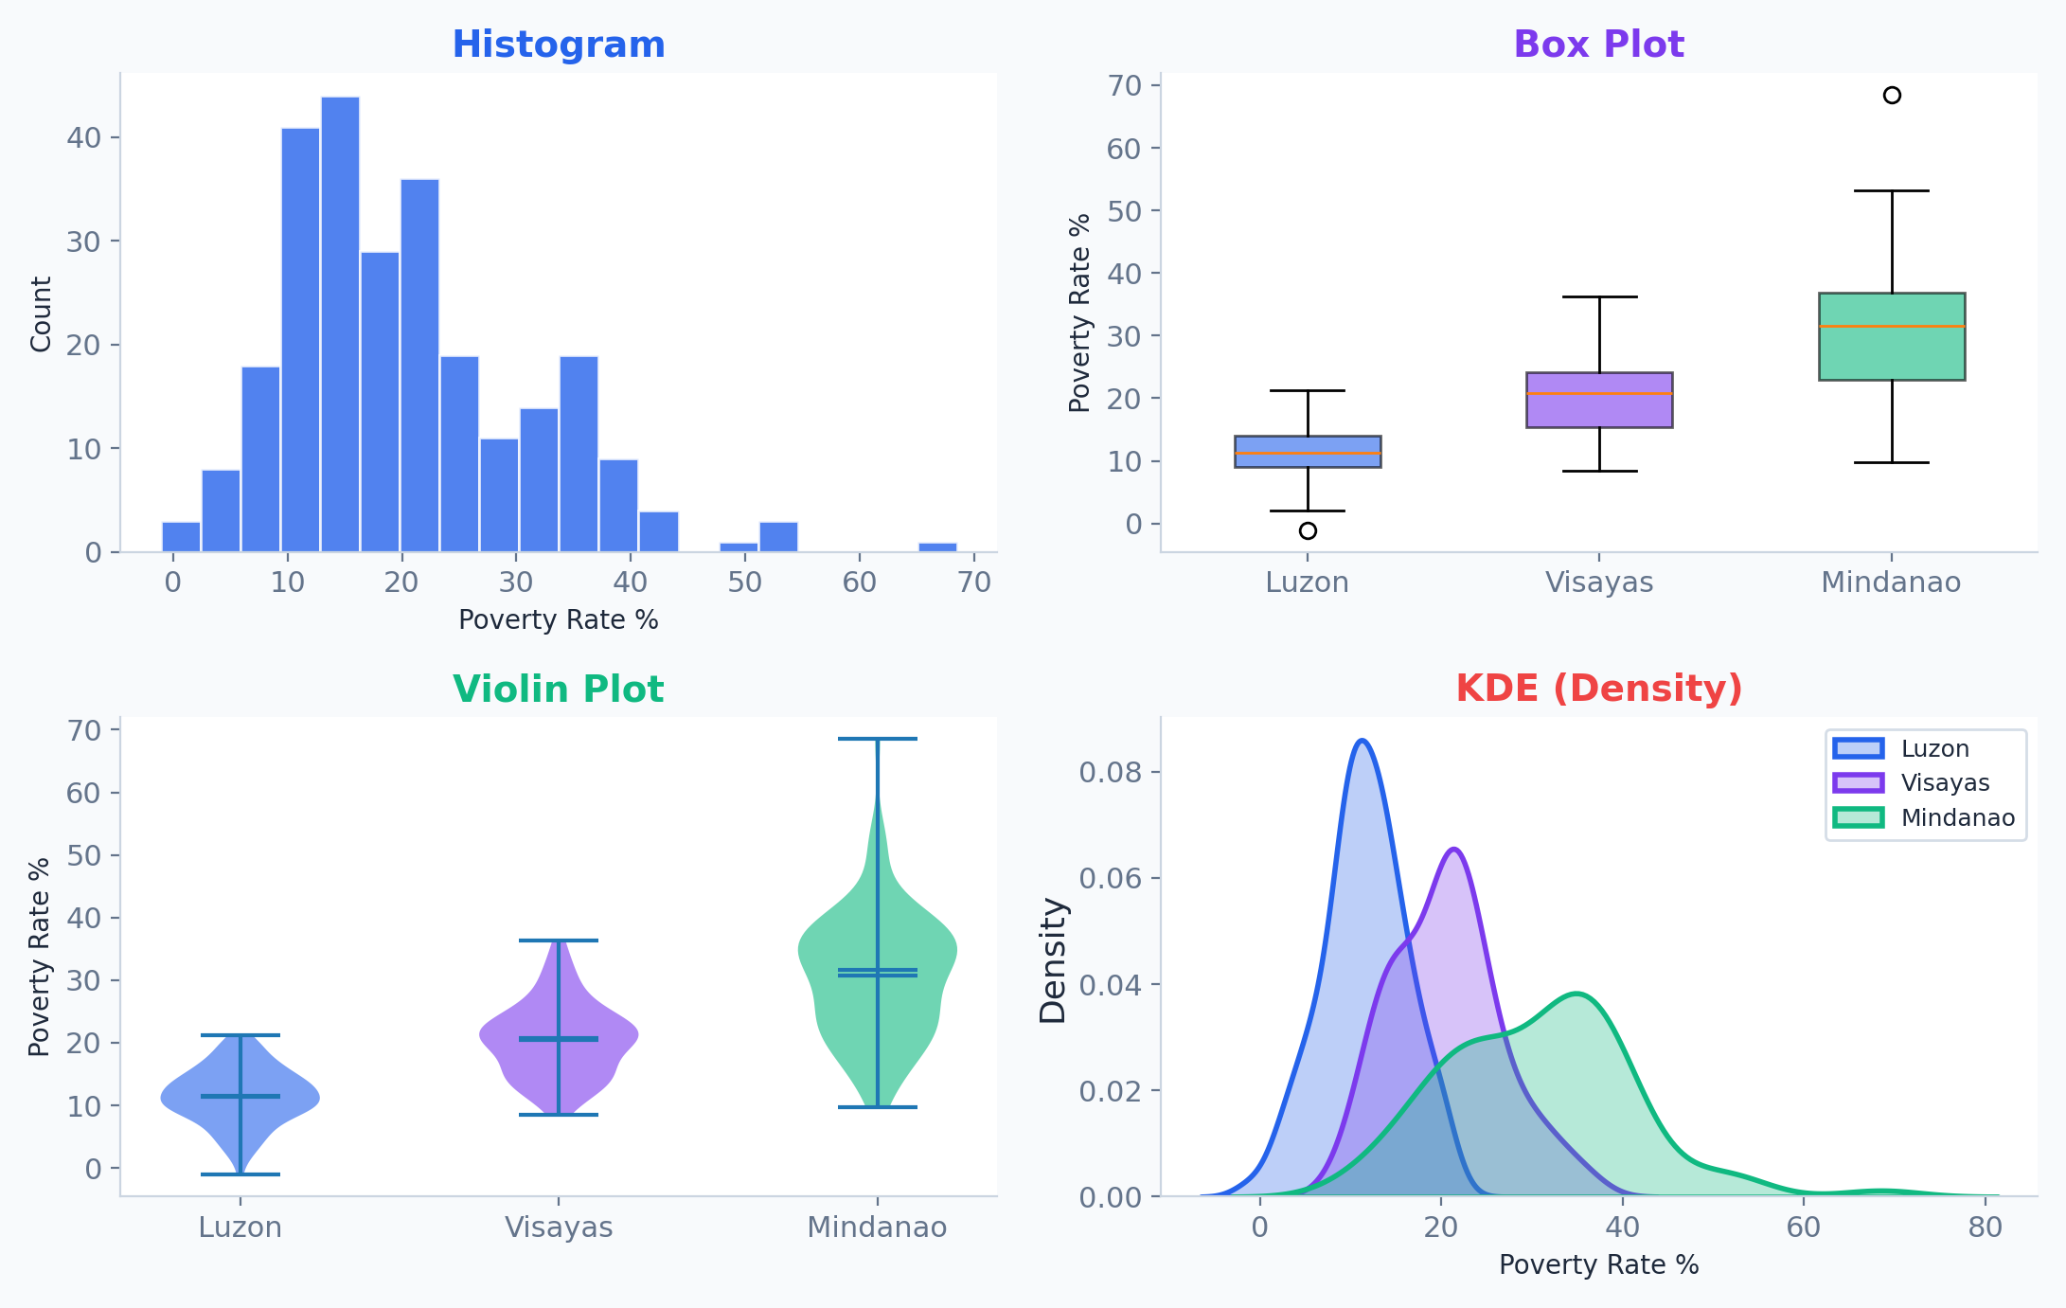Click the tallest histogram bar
click(x=340, y=322)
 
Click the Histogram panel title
click(x=558, y=45)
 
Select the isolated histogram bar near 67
click(x=937, y=547)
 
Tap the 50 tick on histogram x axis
click(x=744, y=582)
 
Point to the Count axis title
click(x=41, y=314)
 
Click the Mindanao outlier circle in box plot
click(x=1892, y=95)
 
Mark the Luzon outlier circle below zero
click(x=1308, y=530)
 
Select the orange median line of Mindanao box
click(x=1892, y=326)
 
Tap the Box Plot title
click(x=1598, y=45)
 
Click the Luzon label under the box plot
click(x=1307, y=582)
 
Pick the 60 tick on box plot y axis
click(x=1124, y=149)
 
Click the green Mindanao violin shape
click(x=909, y=957)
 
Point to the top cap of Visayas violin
click(x=559, y=941)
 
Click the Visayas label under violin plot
click(x=559, y=1227)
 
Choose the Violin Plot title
click(x=558, y=689)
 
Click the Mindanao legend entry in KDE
click(x=1956, y=817)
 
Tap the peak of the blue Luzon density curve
click(x=1362, y=741)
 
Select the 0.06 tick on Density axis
click(x=1110, y=878)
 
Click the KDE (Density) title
click(x=1598, y=688)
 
